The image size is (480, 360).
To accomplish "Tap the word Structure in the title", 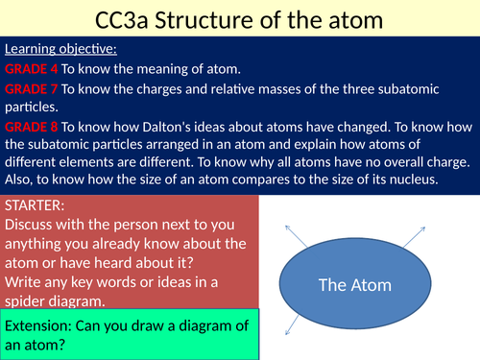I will (205, 19).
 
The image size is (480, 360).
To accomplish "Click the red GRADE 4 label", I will (33, 69).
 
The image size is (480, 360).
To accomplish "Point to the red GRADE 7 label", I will (33, 88).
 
